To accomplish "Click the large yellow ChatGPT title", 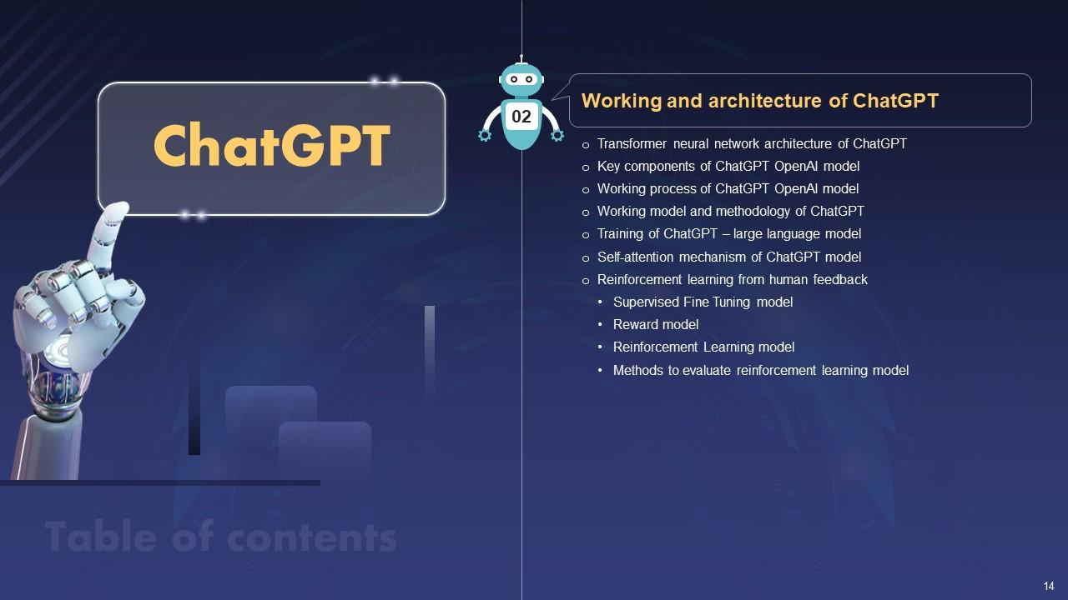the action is click(272, 145).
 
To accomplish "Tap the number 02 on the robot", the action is click(521, 117).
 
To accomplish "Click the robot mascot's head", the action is click(521, 79).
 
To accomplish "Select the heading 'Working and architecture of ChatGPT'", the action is click(760, 101).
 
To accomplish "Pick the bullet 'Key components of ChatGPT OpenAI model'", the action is click(728, 167).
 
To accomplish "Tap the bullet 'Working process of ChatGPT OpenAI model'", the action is click(728, 189).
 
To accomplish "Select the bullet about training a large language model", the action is click(729, 234).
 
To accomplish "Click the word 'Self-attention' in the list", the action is click(635, 257).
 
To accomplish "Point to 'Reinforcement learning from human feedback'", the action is click(733, 279).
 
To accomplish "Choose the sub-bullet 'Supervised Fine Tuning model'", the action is click(703, 302).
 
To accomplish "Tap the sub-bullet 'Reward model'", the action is click(656, 325).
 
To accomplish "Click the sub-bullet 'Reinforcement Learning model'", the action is click(703, 347).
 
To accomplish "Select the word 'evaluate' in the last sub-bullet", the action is click(706, 371).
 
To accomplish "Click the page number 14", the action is click(1049, 586).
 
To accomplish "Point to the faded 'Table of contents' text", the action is click(221, 537).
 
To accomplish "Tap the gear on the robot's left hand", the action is click(557, 136).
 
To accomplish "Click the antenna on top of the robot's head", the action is click(521, 59).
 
